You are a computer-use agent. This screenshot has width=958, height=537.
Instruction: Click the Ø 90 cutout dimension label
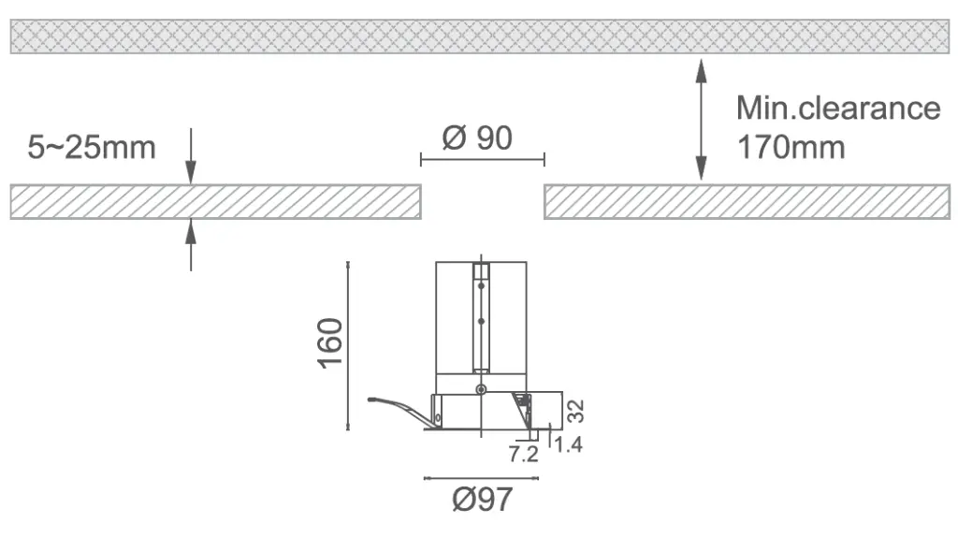477,138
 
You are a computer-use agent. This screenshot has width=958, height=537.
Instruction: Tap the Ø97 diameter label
482,500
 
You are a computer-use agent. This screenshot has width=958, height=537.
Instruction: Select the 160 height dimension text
330,342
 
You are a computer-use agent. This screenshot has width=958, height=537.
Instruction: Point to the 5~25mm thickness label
92,147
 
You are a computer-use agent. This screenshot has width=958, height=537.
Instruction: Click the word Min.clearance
838,109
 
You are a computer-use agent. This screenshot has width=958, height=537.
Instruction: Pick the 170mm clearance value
791,147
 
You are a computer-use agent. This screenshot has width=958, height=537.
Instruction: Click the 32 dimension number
575,411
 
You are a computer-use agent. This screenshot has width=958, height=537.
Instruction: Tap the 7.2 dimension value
524,454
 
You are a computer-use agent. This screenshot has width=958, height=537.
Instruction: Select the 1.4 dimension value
568,444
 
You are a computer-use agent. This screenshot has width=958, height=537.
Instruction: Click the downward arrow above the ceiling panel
191,156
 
